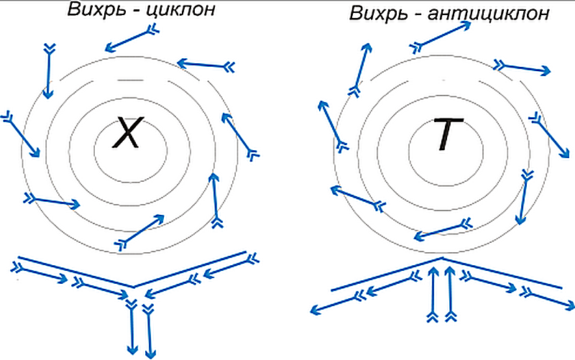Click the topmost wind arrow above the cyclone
click(131, 39)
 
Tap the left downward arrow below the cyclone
click(131, 327)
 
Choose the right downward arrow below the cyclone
click(149, 331)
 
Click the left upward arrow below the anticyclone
click(433, 295)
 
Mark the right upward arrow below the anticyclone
click(450, 295)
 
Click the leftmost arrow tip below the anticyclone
click(313, 311)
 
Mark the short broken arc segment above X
click(128, 78)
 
